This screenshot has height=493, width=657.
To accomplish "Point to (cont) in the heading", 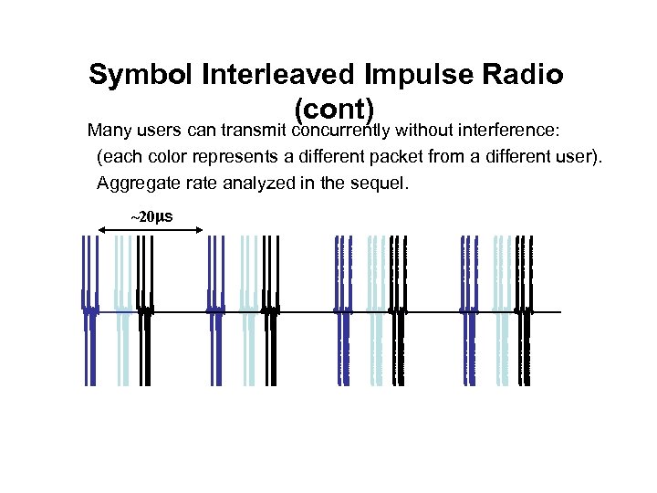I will tap(335, 109).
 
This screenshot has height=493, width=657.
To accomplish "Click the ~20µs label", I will tap(151, 217).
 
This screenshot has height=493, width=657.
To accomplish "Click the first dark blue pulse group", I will tap(89, 310).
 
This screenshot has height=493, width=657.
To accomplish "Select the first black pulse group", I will tap(145, 310).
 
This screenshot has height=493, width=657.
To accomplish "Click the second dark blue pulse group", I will tap(215, 310).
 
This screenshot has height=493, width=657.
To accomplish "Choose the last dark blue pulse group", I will tap(469, 310).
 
